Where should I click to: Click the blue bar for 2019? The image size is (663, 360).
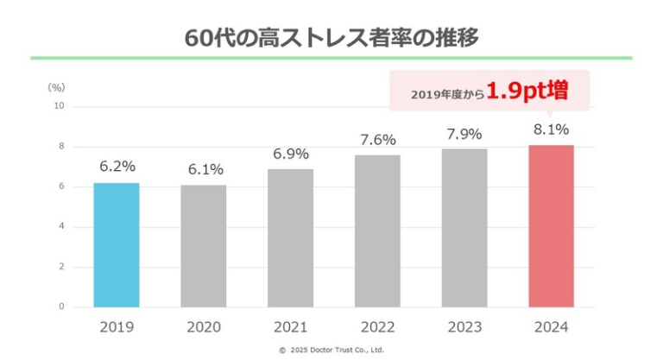(117, 245)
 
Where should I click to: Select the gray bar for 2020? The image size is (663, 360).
(204, 246)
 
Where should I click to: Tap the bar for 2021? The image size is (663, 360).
(291, 238)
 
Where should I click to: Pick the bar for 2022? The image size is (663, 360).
(377, 231)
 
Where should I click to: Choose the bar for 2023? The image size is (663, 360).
(464, 228)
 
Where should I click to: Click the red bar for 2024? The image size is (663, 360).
(551, 226)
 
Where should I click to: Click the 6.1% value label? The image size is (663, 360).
(204, 169)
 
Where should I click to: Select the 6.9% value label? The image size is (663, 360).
(291, 153)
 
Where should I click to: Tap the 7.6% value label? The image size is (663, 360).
(377, 139)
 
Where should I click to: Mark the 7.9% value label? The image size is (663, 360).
(464, 133)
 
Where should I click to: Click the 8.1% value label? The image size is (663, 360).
(551, 129)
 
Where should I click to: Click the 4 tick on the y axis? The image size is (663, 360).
(61, 227)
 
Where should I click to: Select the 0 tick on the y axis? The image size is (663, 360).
(61, 306)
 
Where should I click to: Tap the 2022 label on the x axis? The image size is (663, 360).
(377, 327)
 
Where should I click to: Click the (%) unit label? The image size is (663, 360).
(56, 87)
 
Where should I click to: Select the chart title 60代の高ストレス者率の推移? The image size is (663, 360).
(332, 38)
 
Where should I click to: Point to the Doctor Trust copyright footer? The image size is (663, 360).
(331, 351)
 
